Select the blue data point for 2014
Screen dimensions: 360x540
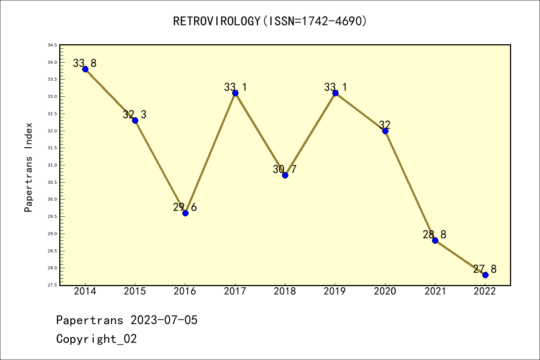tap(85, 69)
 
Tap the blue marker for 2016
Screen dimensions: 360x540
tap(185, 213)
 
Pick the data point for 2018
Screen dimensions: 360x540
tap(285, 175)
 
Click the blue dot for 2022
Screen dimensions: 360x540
tap(485, 275)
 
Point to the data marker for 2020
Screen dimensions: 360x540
tap(385, 131)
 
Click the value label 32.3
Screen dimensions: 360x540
tap(135, 114)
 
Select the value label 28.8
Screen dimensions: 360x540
tap(435, 234)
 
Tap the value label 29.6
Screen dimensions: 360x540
tap(185, 207)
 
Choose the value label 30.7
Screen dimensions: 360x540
tap(285, 169)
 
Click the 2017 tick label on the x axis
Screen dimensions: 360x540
tap(235, 291)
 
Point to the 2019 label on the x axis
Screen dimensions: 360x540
tap(335, 291)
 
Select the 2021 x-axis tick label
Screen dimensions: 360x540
tap(435, 291)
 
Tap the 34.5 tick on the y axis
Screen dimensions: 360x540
tap(52, 45)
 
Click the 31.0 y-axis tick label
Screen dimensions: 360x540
tap(52, 165)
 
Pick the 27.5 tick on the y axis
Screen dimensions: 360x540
tap(52, 285)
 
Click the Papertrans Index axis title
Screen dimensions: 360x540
tap(28, 167)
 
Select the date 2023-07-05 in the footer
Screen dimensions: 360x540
tap(164, 320)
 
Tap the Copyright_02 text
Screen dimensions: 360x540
tap(96, 339)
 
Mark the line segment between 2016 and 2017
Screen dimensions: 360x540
tap(210, 153)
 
